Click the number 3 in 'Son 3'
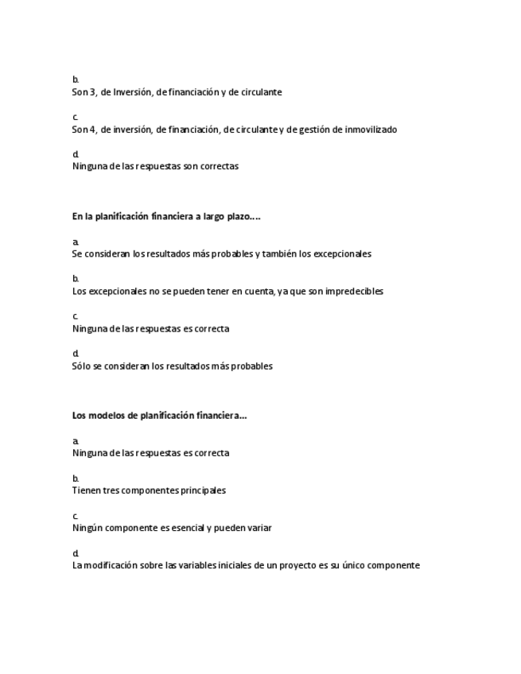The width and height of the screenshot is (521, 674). tap(94, 92)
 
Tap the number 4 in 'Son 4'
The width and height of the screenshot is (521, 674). tap(94, 130)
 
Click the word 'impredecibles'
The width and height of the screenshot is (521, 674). tap(355, 292)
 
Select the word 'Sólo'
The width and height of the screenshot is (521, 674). tap(82, 366)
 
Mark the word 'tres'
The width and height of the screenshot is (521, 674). tap(112, 490)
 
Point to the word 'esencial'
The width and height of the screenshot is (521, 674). tap(186, 528)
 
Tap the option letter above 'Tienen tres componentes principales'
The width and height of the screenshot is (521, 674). tap(76, 478)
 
